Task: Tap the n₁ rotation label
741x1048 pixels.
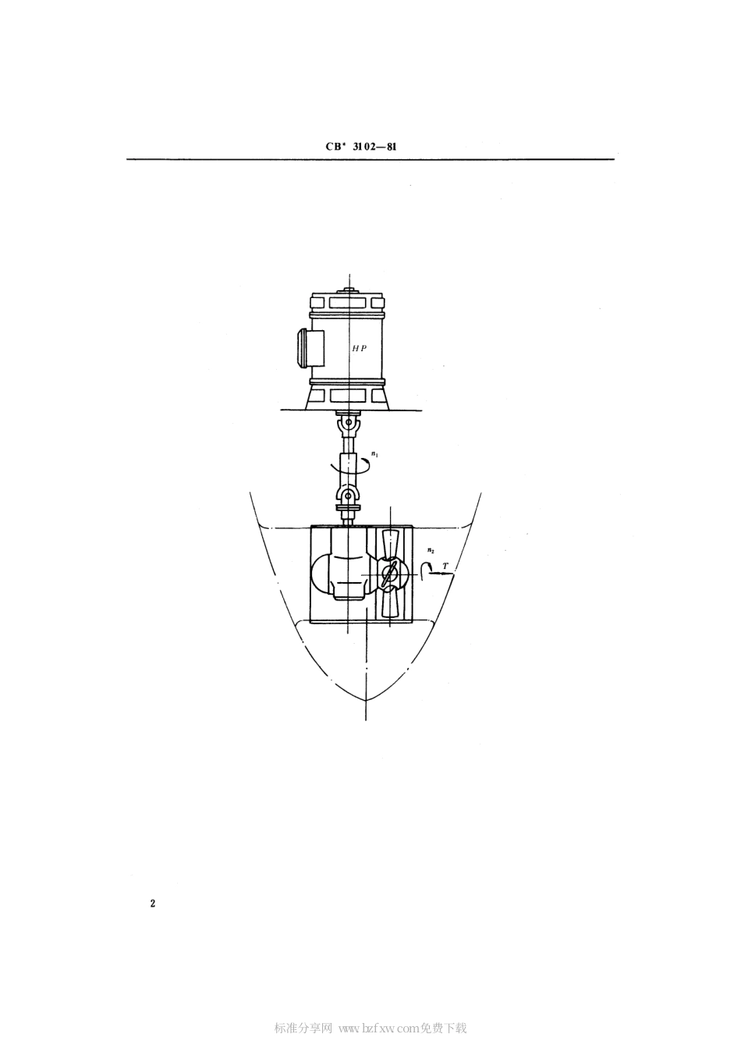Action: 375,453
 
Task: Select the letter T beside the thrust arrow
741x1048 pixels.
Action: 445,566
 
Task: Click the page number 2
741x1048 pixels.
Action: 153,904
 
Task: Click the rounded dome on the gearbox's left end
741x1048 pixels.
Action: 321,574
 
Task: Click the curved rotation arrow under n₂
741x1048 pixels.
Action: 424,571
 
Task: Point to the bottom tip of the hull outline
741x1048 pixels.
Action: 366,698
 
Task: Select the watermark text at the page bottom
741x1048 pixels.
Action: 370,1028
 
